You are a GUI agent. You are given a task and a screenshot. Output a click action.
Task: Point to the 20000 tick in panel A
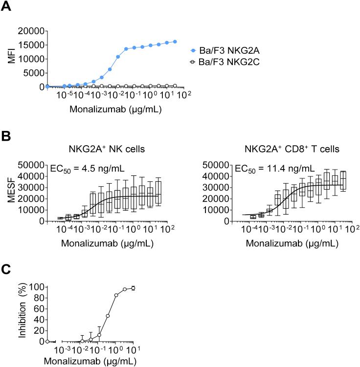click(30, 31)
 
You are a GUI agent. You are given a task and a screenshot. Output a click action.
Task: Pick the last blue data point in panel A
click(175, 42)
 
